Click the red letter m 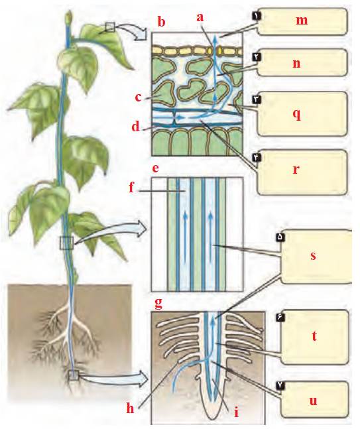[x=302, y=21]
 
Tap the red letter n [x=296, y=64]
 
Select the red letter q [x=296, y=114]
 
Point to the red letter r [x=296, y=170]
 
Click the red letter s [x=313, y=256]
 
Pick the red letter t [x=314, y=336]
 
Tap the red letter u [x=313, y=400]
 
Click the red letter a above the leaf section [x=200, y=17]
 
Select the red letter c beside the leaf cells [x=139, y=97]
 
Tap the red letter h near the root [x=130, y=408]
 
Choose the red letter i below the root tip [x=237, y=411]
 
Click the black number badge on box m [x=257, y=16]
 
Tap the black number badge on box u [x=282, y=385]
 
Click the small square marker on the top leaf [x=110, y=27]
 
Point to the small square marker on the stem [x=67, y=243]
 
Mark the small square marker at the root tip [x=74, y=375]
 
